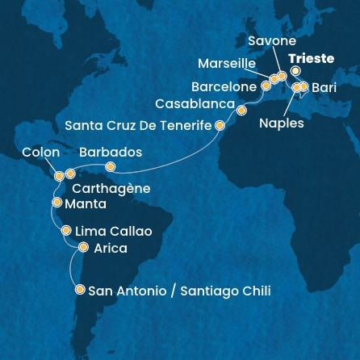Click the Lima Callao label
[x=113, y=232]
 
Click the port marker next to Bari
[x=304, y=86]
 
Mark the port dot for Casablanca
[x=240, y=105]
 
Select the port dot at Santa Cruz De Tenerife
[x=220, y=125]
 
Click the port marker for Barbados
[x=111, y=168]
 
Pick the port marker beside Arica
[x=83, y=249]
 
